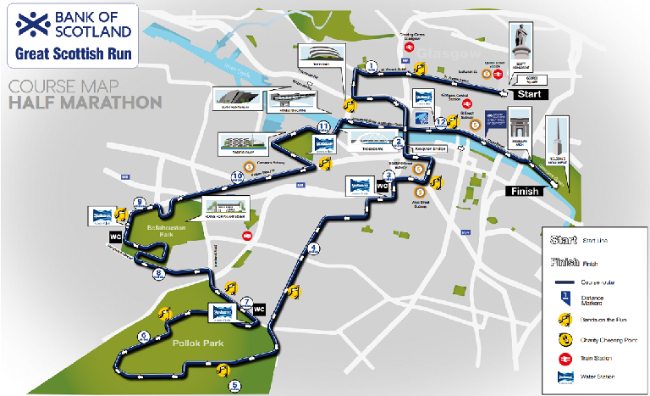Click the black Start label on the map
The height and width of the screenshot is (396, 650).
coord(529,94)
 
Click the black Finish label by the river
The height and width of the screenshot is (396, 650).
coord(524,191)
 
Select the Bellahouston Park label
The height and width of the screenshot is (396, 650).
coord(146,231)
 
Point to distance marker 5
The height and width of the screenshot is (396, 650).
coord(234,386)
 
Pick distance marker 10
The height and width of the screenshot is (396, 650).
coord(238,176)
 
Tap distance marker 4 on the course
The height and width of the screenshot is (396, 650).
coord(314,248)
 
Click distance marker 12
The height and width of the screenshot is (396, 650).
coord(441,122)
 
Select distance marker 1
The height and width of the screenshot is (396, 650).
coord(371,65)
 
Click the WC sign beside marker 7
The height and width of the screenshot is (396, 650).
coord(259,310)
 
